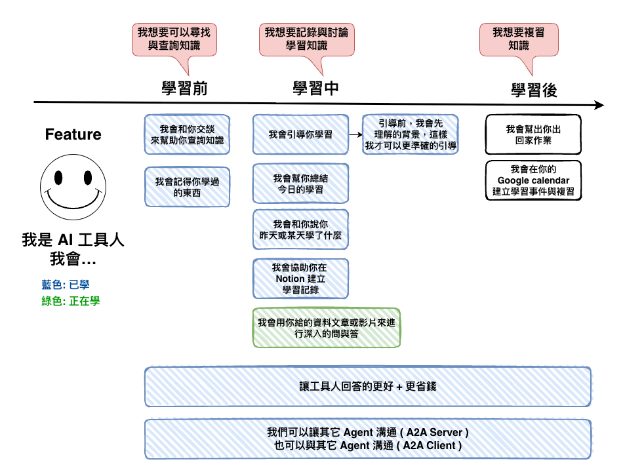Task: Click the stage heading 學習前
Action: click(184, 88)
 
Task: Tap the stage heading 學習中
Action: click(315, 88)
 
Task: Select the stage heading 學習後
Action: click(534, 90)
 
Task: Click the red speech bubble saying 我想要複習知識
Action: click(519, 40)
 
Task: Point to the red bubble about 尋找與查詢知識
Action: click(174, 40)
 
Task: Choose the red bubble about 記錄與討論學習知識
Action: click(307, 40)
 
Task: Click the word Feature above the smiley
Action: click(73, 134)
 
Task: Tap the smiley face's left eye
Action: click(58, 178)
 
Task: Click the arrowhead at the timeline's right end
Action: click(599, 105)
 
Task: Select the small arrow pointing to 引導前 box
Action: click(355, 134)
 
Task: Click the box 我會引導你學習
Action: click(300, 134)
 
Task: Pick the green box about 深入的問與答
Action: click(326, 328)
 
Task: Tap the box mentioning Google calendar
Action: click(533, 180)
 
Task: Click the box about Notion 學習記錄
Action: click(300, 279)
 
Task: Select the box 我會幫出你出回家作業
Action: click(533, 134)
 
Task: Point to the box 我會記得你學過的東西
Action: click(187, 187)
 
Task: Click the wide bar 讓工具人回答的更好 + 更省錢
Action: click(367, 387)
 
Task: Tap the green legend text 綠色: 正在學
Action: click(71, 301)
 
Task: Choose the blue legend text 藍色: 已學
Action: click(66, 285)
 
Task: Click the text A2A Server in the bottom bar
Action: click(435, 432)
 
